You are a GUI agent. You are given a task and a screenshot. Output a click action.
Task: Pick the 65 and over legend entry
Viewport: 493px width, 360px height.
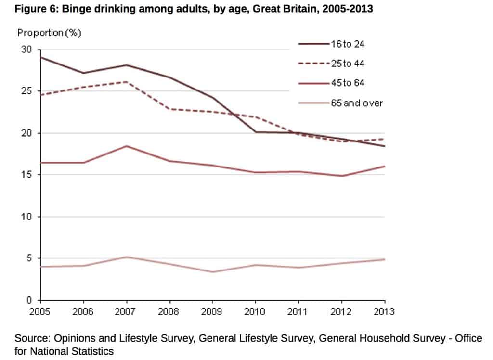[356, 103]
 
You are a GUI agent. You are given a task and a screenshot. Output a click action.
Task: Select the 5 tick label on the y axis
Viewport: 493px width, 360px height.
[29, 258]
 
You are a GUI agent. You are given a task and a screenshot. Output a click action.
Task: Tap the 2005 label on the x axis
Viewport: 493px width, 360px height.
[40, 311]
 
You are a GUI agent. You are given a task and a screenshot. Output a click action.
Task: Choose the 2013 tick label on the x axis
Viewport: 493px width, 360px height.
[384, 311]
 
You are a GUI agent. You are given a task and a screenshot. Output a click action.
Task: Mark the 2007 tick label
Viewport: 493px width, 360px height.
[126, 311]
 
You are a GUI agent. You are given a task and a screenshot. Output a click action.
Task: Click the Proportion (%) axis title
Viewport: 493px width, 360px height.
[49, 33]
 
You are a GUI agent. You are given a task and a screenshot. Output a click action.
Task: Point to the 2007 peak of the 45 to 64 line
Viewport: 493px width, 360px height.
[126, 146]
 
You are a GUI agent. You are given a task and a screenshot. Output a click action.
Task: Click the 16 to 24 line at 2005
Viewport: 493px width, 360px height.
[41, 57]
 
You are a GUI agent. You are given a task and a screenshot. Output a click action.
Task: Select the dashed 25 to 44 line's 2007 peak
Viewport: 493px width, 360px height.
[126, 82]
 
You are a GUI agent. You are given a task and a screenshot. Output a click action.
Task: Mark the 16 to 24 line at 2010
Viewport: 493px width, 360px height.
[255, 132]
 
